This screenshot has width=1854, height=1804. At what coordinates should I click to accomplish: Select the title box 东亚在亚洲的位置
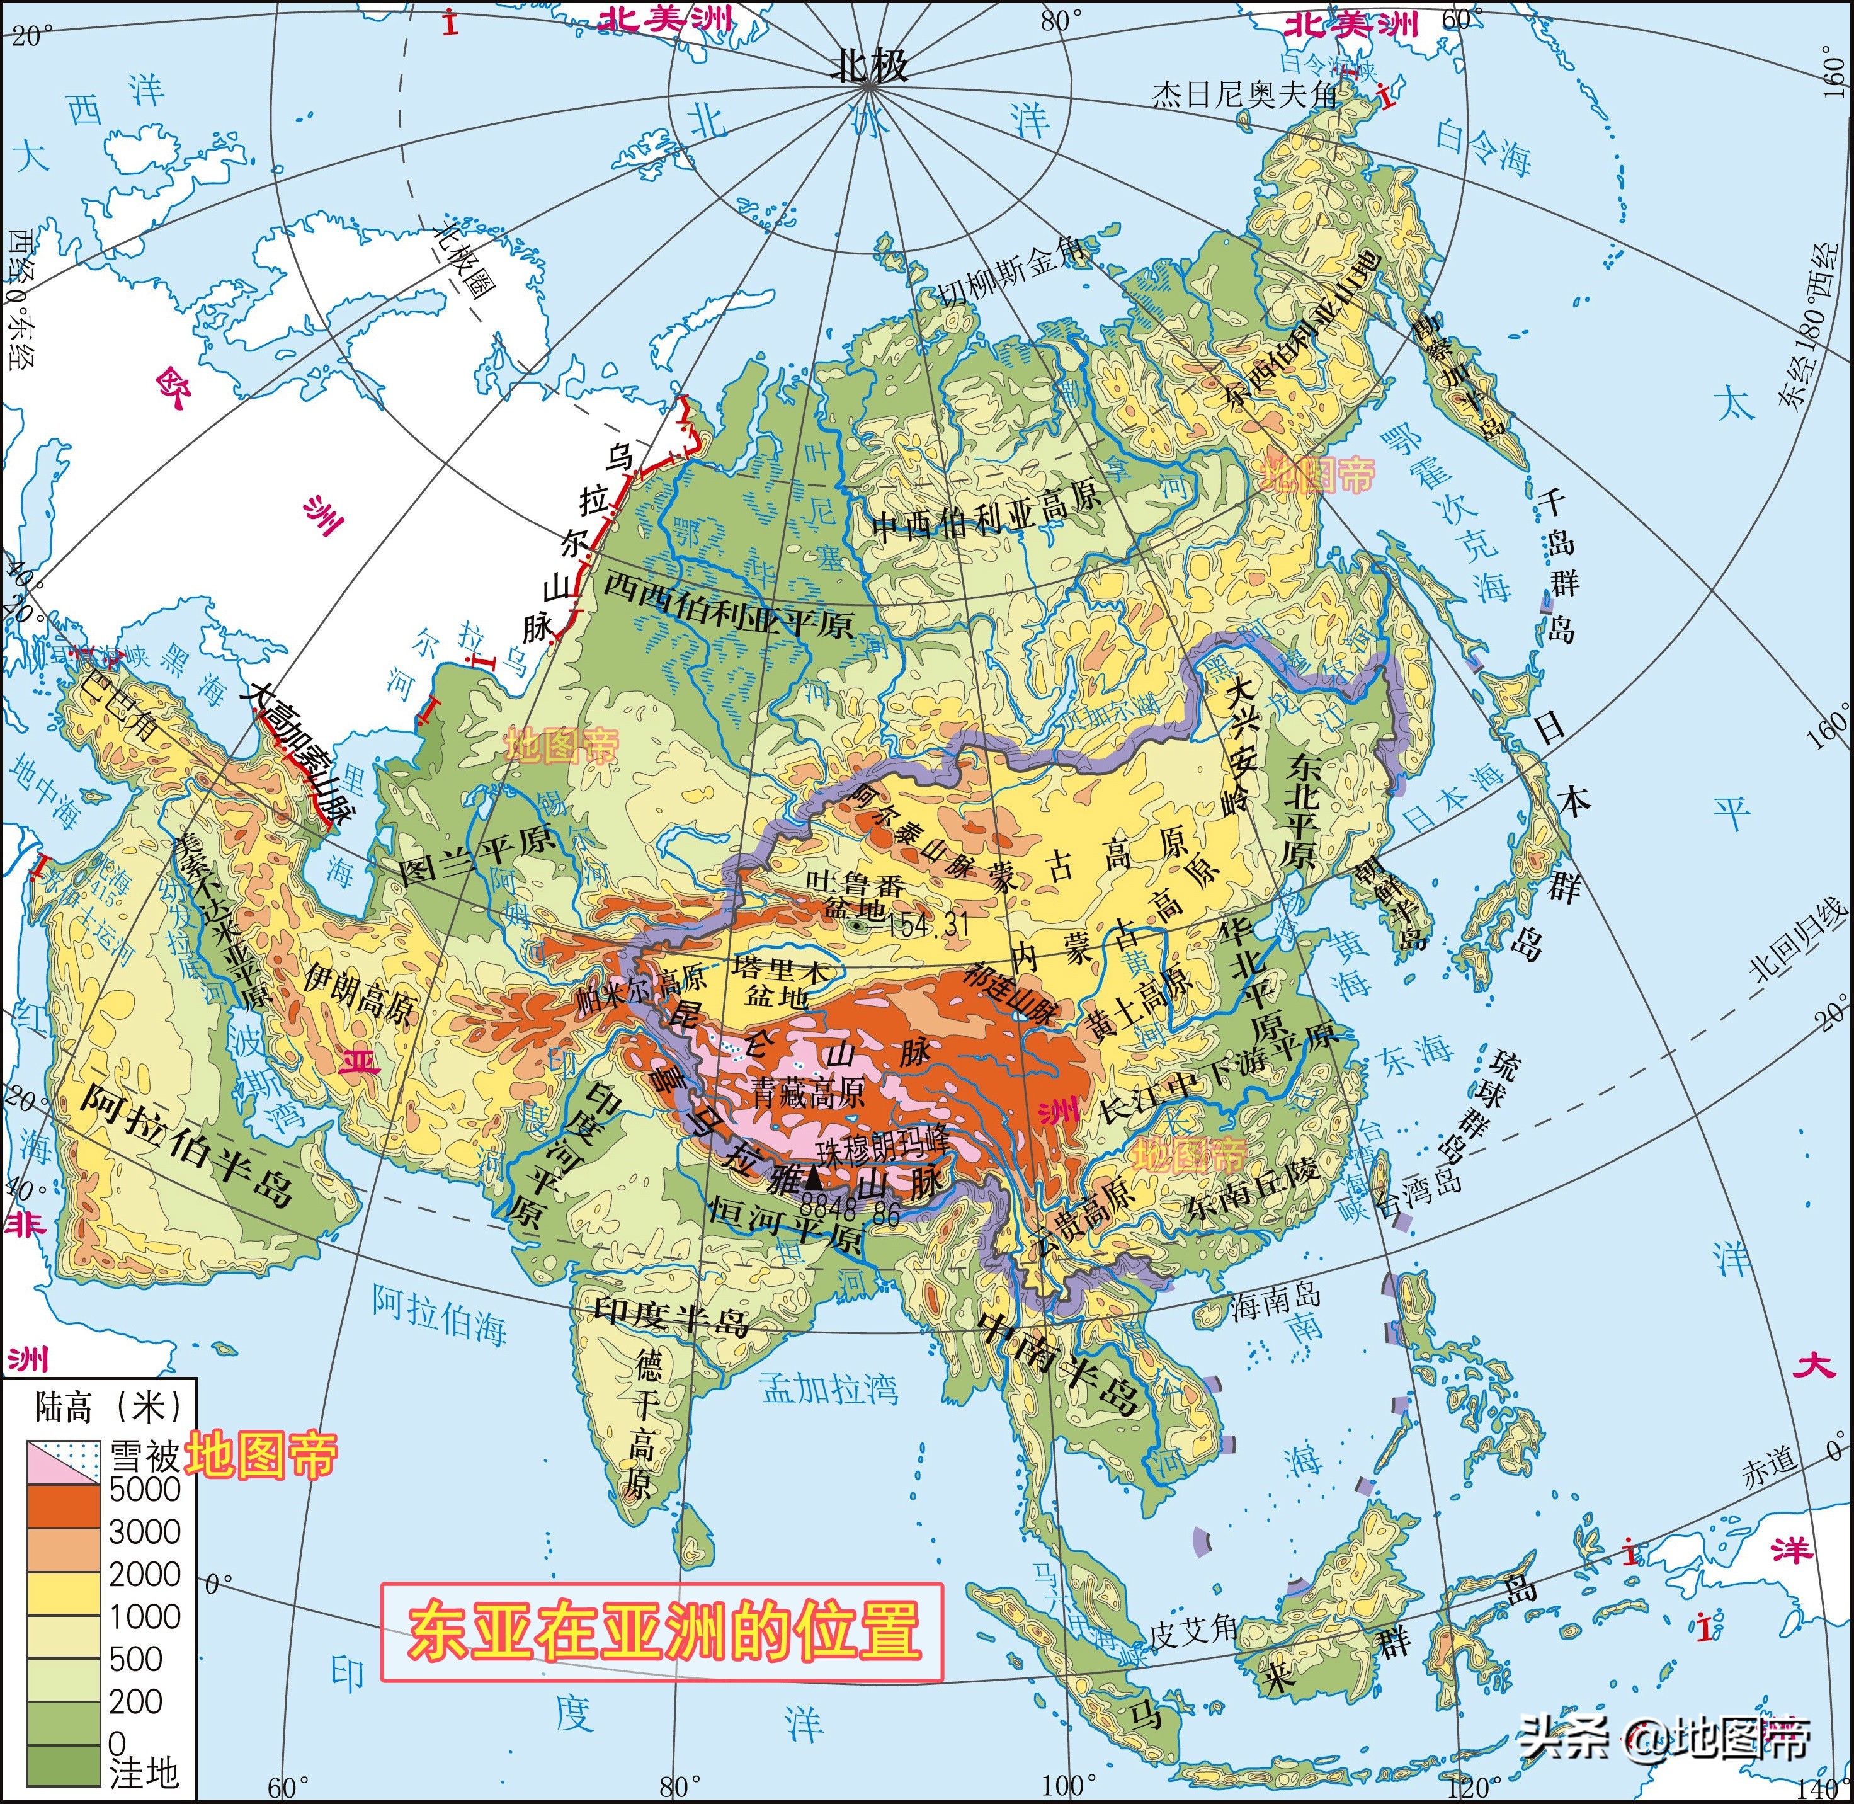click(x=663, y=1631)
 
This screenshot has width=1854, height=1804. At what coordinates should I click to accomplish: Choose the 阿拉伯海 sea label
click(x=439, y=1313)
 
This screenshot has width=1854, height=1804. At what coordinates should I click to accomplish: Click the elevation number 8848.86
click(x=850, y=1210)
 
